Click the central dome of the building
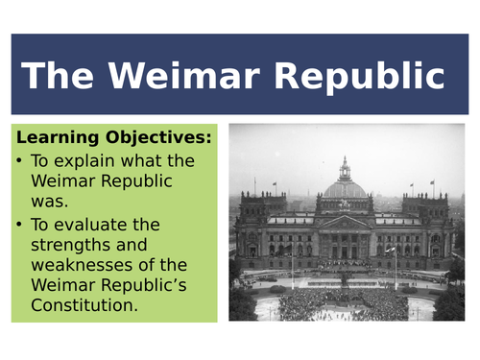pos(343,187)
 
